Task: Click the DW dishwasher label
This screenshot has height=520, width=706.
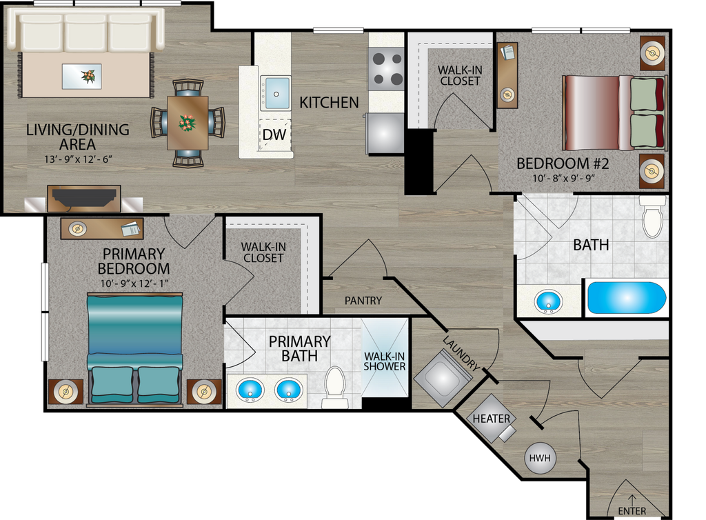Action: coord(274,134)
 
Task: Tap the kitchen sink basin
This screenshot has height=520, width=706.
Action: coord(276,93)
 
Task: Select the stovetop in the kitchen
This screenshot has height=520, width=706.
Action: coord(387,70)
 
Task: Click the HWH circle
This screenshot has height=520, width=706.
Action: coord(540,459)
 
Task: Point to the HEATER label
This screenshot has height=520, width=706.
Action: coord(491,419)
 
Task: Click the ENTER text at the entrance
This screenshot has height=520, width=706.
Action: coord(632,511)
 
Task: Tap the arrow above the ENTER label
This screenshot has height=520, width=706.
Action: coord(632,499)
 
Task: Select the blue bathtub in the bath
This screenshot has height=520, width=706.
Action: coord(626,298)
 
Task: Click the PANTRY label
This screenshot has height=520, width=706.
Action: coord(363,300)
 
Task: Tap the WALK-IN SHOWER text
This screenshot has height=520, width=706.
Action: coord(385,361)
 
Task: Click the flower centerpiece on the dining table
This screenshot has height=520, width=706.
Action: coord(187,122)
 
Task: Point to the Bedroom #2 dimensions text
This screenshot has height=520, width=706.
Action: coord(563,178)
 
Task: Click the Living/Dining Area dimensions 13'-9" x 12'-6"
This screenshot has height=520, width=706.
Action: coord(77,159)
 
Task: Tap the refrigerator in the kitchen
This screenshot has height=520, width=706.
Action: coord(385,134)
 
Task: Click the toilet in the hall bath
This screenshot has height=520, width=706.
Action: coord(652,217)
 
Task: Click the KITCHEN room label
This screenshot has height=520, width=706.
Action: coord(329,103)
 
